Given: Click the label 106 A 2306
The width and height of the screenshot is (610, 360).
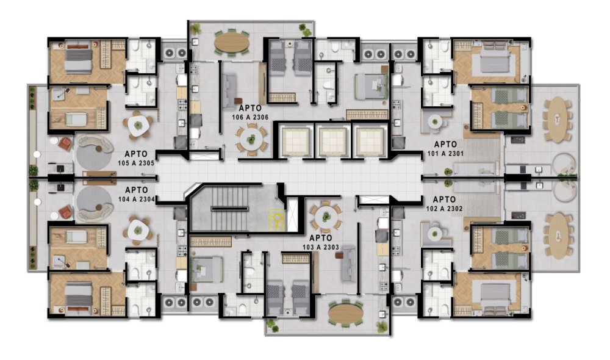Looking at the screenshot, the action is pos(250,117).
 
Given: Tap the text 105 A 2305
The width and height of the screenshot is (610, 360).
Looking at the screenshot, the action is pos(136,163).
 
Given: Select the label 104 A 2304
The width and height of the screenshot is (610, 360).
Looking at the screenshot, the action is pos(137,200).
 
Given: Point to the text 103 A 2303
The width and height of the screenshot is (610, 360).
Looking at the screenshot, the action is pos(321,247).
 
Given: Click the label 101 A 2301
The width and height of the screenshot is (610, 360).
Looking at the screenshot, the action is pos(445,153).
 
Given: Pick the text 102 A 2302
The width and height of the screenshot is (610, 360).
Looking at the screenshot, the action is pos(444,209).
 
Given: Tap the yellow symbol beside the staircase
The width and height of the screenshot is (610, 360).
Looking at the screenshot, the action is pos(276,220).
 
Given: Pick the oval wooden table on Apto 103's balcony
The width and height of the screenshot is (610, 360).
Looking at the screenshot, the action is pos(346,314).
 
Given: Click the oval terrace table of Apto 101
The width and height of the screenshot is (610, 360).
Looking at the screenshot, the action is pos(558,119).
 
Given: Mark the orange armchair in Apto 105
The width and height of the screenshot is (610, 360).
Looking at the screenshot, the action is pos(65,144).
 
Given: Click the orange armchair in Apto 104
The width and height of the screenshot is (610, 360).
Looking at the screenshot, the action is pos(65,212).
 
